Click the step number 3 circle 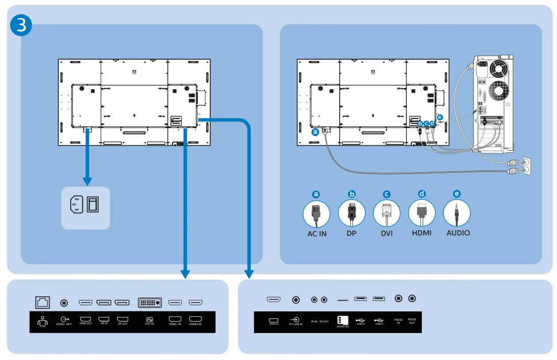(x=21, y=26)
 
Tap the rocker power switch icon (x=93, y=205)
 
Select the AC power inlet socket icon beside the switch (x=76, y=205)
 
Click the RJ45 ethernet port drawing (x=43, y=303)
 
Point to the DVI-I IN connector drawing (x=150, y=303)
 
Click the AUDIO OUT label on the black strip (x=64, y=324)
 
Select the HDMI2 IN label (x=195, y=324)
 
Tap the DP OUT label (x=122, y=324)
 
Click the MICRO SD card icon (x=342, y=320)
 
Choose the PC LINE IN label (x=296, y=324)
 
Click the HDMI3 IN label (x=274, y=324)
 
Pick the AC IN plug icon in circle (x=316, y=214)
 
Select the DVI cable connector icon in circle (x=386, y=214)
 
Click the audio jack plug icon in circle (x=457, y=214)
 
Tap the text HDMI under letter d (x=421, y=233)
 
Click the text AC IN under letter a (x=317, y=234)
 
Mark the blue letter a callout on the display (x=315, y=132)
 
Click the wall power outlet (x=524, y=166)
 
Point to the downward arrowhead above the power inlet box (x=87, y=181)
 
